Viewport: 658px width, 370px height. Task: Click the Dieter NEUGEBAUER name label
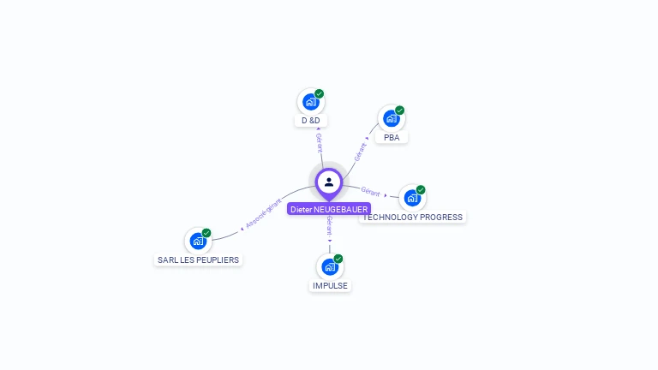coord(329,209)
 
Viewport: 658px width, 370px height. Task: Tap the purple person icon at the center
coord(329,182)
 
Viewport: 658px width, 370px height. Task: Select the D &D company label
coord(310,121)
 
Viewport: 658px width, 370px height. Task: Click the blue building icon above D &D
coord(310,102)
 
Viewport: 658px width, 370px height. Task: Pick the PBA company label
coord(392,137)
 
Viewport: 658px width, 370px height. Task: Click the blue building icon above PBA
coord(392,118)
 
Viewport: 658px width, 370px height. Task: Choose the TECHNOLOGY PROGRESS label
coord(413,217)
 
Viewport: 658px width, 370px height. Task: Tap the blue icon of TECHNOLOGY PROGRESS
coord(412,198)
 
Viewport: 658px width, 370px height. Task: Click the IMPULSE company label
coord(330,285)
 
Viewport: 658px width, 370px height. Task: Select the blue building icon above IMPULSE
coord(330,266)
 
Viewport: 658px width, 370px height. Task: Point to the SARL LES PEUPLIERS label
coord(198,260)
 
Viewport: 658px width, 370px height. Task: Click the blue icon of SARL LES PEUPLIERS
coord(198,241)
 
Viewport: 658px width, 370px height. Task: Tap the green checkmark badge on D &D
coord(320,93)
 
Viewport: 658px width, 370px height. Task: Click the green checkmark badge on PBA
coord(400,110)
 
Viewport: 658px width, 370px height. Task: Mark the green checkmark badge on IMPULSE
coord(338,258)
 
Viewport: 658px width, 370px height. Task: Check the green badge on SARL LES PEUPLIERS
coord(206,232)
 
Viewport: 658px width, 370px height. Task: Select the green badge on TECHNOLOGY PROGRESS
coord(421,189)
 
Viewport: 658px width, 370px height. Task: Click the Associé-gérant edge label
coord(263,213)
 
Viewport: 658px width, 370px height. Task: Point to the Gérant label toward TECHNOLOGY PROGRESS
coord(370,191)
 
